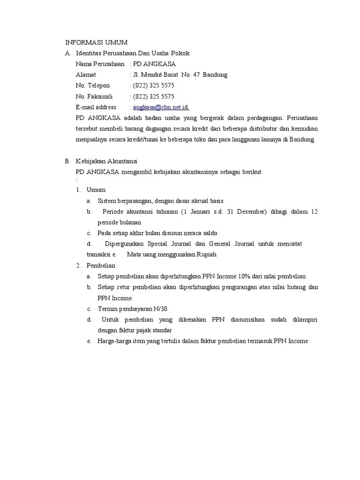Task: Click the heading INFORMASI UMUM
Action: click(96, 42)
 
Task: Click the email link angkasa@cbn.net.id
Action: click(160, 107)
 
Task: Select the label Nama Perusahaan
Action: click(100, 64)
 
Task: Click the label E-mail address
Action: click(96, 107)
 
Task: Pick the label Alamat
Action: click(86, 75)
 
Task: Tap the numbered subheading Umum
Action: click(96, 190)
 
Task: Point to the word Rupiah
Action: click(205, 255)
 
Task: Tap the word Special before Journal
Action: click(158, 244)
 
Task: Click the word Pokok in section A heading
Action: click(180, 53)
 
